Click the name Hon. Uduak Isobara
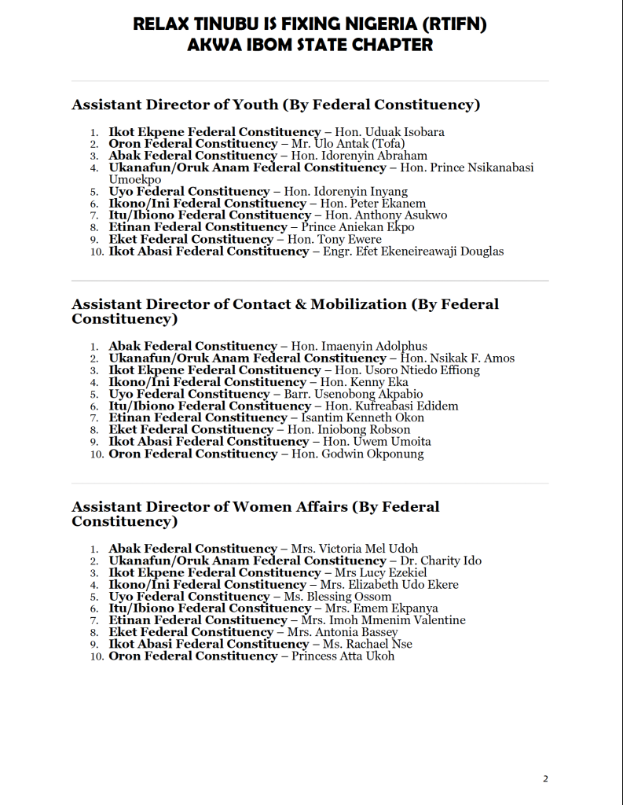390,132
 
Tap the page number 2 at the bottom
545,779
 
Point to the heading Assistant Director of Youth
174,105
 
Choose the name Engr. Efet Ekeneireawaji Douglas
413,252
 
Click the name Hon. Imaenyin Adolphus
359,346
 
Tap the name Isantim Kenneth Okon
363,417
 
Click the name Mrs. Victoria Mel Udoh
354,549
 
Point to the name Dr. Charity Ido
441,561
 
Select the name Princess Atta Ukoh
343,656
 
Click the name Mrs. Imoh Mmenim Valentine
383,620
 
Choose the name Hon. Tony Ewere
335,239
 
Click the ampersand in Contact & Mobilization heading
299,304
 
